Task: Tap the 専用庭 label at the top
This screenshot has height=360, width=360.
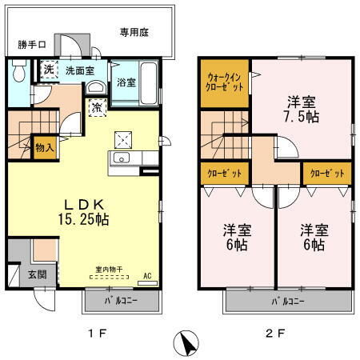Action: click(x=136, y=33)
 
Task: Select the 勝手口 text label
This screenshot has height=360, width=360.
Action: click(x=32, y=44)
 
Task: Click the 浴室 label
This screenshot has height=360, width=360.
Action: click(x=126, y=82)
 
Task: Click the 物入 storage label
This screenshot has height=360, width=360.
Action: click(x=45, y=146)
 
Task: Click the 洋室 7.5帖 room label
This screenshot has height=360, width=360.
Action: click(x=301, y=110)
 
